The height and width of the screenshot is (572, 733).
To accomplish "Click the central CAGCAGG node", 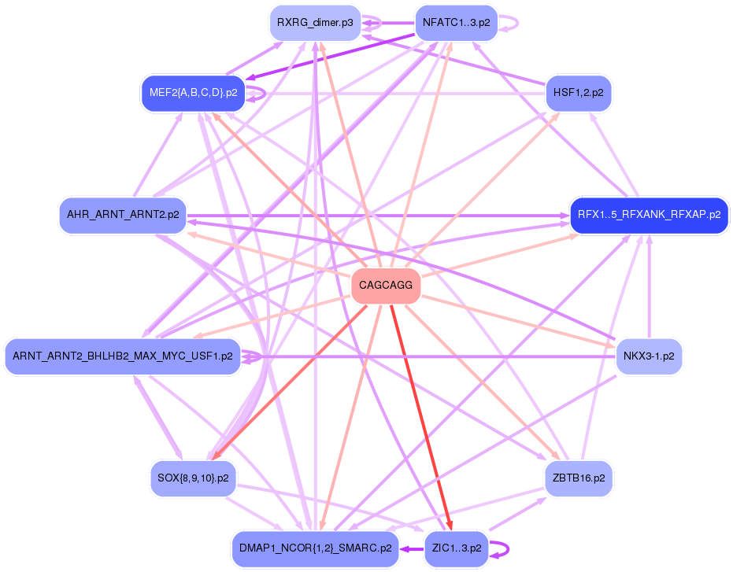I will (385, 285).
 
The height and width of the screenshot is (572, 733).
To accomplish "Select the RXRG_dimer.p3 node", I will (315, 23).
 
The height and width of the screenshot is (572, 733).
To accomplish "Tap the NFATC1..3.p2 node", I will (456, 23).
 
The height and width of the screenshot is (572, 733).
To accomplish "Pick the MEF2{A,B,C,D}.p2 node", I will (193, 93).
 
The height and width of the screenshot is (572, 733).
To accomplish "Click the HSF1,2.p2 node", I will (578, 93).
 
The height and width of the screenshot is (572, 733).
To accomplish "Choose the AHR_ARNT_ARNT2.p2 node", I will (123, 215).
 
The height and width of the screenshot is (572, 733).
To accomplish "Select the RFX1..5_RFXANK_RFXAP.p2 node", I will (649, 215).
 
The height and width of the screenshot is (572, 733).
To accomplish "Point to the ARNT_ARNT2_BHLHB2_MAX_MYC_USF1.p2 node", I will (123, 356).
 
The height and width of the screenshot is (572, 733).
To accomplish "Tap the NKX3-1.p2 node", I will (649, 356).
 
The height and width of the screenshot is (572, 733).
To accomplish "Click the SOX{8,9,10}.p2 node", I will (193, 478).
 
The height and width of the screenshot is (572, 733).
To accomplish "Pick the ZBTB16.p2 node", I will (578, 478).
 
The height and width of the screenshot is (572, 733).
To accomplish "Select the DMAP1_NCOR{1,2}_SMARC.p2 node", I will (315, 548).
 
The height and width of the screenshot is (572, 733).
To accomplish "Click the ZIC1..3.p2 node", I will (456, 548).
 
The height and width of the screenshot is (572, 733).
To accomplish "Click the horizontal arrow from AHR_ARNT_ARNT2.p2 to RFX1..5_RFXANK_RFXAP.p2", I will (378, 215).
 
